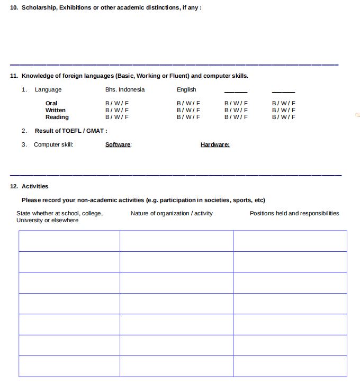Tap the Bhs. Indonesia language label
coord(125,89)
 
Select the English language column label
coord(186,89)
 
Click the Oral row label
coord(51,103)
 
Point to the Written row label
coord(56,110)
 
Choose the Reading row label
coord(57,117)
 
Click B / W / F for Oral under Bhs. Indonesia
coord(117,103)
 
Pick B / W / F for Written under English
coord(188,110)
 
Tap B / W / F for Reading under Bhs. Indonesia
coord(117,117)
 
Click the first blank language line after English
coord(236,92)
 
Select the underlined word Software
coord(118,144)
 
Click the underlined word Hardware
coord(215,144)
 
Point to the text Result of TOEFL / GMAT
coord(71,131)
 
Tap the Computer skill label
coord(53,144)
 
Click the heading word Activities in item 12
coord(35,186)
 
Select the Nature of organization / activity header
coord(172,213)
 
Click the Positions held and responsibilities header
coord(294,213)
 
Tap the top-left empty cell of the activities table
coord(69,241)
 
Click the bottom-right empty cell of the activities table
coord(290,366)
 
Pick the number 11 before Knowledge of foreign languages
coord(14,76)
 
